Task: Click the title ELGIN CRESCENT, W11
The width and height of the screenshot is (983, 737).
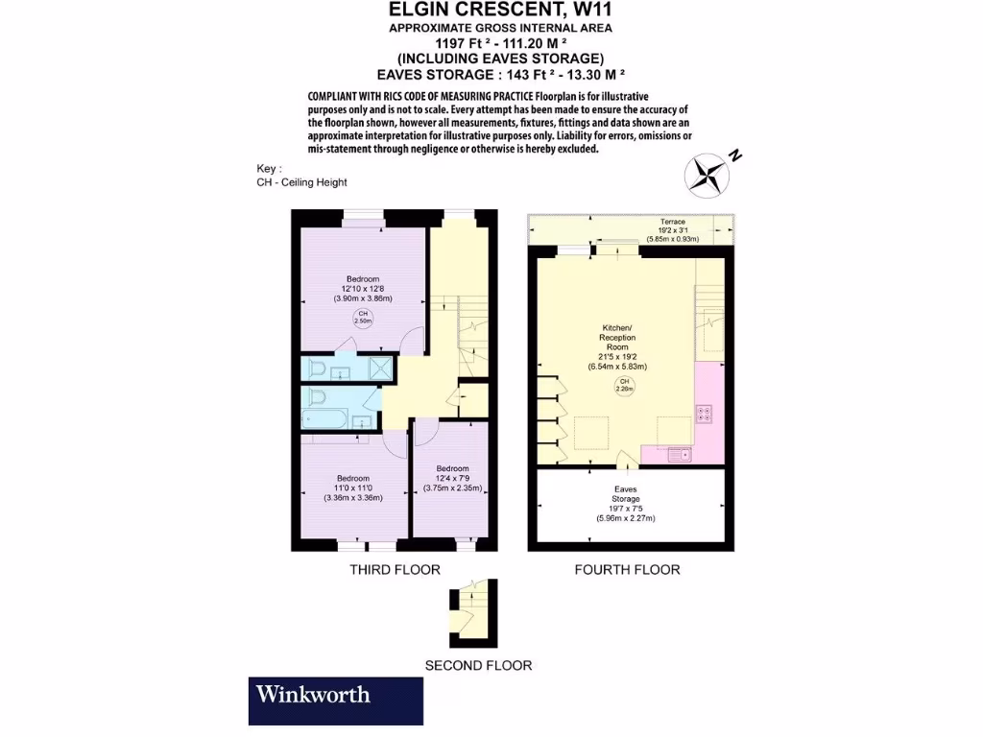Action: pos(500,11)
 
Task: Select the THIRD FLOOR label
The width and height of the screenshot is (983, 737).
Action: pos(395,570)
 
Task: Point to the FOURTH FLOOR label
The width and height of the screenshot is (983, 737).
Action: pos(627,570)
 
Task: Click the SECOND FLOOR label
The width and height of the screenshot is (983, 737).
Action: pos(478,665)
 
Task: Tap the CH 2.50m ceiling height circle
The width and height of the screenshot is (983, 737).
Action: pos(363,319)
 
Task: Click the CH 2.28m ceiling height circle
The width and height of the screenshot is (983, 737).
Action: pos(624,386)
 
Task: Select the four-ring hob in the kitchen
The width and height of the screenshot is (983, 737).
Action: pos(704,415)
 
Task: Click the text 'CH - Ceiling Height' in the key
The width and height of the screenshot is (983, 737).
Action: pos(301,182)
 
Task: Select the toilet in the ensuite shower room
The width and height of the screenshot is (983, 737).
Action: pos(316,369)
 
